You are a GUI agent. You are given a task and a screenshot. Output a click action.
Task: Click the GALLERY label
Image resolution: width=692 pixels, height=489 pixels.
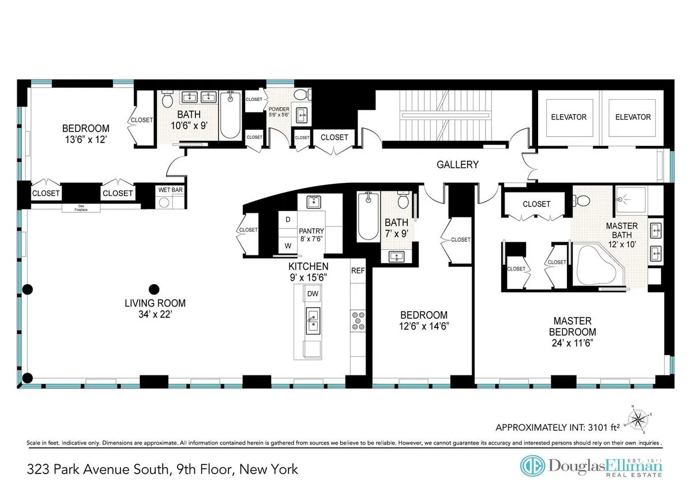point(457,165)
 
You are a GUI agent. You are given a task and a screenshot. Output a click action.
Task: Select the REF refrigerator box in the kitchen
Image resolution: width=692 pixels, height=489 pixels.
point(358,270)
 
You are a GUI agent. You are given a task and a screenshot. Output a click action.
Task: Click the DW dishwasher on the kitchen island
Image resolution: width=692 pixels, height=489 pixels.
point(313,294)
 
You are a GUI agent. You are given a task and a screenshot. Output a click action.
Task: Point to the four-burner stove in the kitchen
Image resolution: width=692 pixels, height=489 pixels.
point(358,320)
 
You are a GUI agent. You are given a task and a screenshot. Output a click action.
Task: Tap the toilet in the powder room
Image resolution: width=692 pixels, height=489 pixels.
point(300,95)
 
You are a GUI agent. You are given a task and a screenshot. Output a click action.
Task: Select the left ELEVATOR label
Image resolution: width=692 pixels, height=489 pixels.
point(565,117)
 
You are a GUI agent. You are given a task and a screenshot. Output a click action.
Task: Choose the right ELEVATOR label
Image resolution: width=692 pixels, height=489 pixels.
point(633,117)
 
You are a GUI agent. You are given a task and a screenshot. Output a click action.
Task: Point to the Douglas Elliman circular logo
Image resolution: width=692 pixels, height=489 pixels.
point(533,466)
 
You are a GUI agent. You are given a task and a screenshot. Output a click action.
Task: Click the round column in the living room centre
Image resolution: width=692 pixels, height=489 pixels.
point(153,289)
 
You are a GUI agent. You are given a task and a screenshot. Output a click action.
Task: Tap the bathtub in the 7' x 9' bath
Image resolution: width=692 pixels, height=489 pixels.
point(368,217)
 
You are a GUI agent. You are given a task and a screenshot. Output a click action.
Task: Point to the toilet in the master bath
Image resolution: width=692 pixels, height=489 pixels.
point(581,201)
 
